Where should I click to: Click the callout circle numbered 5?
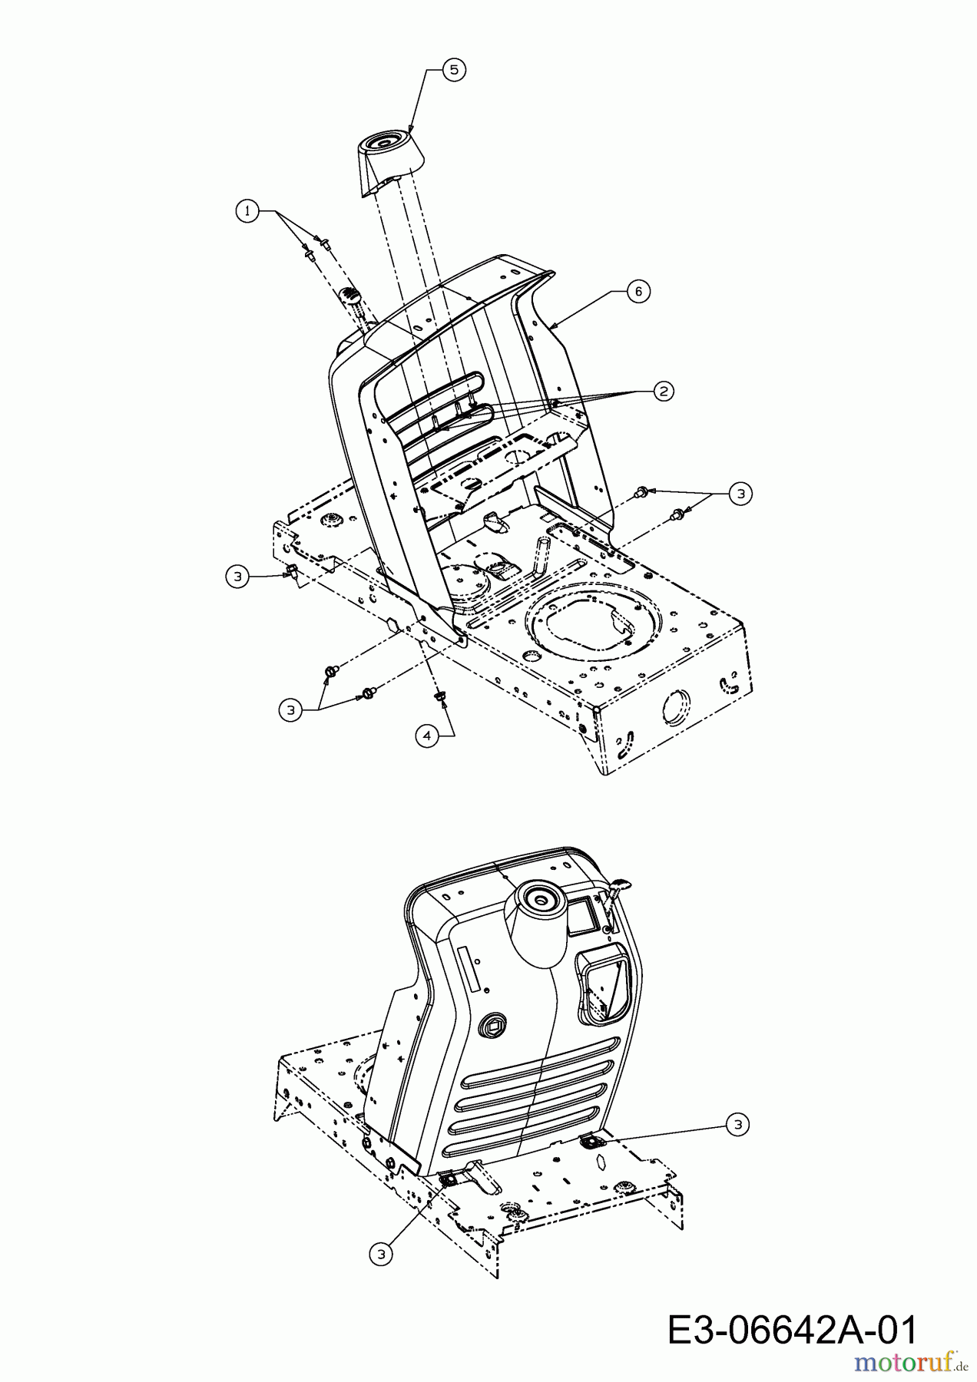453,69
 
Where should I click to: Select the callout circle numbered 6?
638,292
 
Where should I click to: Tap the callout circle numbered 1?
247,211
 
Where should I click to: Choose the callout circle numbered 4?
427,735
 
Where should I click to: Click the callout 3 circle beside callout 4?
290,710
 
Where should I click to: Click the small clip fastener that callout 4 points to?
440,696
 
